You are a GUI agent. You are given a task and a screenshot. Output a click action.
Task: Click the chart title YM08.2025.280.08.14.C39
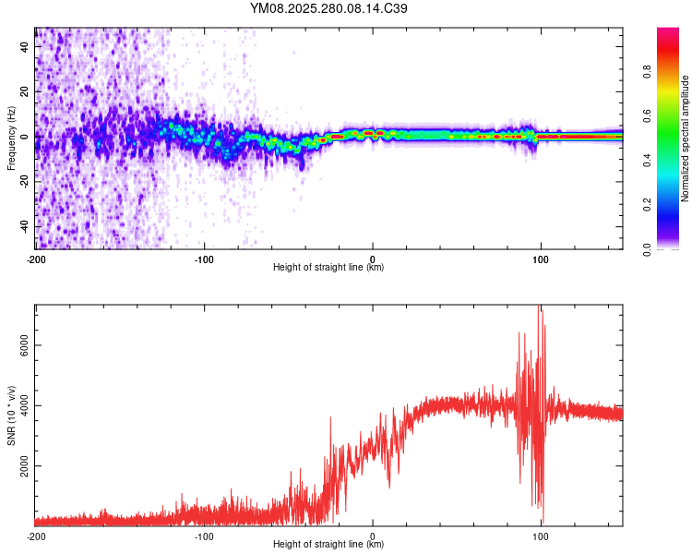pos(329,8)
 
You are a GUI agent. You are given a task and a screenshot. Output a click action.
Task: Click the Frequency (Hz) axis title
pos(11,138)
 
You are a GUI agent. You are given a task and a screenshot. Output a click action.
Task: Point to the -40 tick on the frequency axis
pos(25,226)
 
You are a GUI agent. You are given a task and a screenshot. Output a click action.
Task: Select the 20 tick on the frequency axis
pos(25,91)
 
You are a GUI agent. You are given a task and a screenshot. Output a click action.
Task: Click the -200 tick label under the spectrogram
pos(35,258)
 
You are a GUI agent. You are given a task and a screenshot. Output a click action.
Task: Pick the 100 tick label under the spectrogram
pos(541,258)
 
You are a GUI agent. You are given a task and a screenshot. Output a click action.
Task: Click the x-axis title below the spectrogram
pos(328,268)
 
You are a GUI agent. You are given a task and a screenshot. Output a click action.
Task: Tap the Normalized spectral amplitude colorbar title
pos(686,138)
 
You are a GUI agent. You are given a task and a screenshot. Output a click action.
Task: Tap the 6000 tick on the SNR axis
pos(25,344)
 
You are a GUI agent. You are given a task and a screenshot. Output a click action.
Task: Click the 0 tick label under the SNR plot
pos(373,536)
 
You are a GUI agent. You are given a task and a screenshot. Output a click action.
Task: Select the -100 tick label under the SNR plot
pos(204,536)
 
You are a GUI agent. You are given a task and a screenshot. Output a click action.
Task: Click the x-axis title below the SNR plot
pos(328,545)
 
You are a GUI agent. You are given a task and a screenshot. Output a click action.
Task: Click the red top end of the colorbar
pos(667,32)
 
